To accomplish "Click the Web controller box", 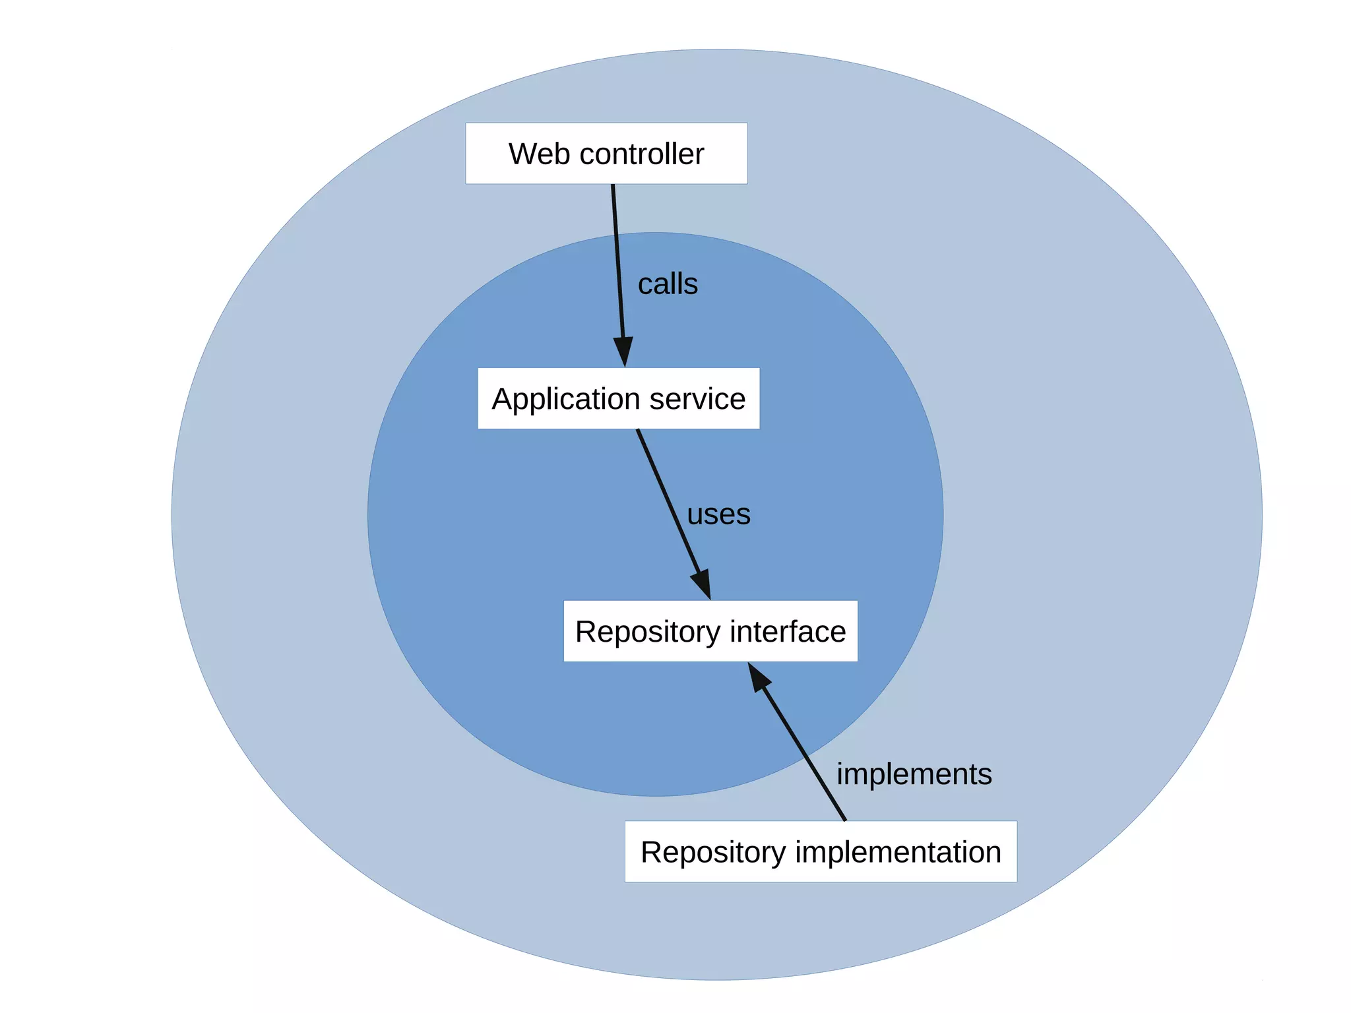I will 606,153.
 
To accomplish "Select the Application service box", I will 618,398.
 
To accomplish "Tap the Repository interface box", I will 710,631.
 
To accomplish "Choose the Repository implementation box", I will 820,851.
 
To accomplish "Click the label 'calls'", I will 668,284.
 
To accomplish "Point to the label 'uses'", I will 718,514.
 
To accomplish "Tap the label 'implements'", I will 914,774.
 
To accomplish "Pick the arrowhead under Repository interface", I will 759,678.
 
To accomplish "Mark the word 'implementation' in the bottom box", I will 898,852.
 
